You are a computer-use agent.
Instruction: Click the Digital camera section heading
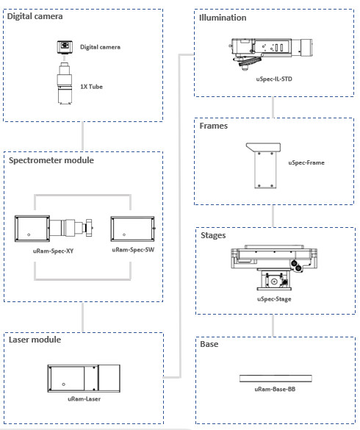tap(35, 16)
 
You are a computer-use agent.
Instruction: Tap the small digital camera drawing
tap(65, 47)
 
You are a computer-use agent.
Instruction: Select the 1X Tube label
tap(91, 87)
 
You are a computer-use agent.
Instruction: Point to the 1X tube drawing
tap(65, 83)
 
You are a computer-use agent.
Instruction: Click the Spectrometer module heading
tap(51, 160)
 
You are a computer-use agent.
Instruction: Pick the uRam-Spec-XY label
tap(53, 251)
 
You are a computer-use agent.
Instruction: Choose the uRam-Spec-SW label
tap(133, 250)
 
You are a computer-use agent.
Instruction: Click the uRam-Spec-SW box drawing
tap(133, 229)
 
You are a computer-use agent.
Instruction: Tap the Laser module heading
tap(35, 340)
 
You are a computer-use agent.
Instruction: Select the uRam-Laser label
tap(84, 399)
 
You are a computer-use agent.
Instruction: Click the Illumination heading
tap(223, 18)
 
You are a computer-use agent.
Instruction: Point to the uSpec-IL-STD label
tap(274, 79)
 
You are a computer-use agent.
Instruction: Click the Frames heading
tap(214, 126)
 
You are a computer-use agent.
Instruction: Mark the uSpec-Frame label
tap(306, 162)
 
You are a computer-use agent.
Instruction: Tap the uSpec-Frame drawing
tap(264, 165)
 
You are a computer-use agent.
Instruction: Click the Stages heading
tap(213, 235)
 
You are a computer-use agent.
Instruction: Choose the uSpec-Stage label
tap(274, 299)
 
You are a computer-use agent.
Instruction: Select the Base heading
tap(209, 344)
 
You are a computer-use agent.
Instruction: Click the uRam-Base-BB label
tap(275, 389)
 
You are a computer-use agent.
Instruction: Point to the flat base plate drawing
tap(276, 379)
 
